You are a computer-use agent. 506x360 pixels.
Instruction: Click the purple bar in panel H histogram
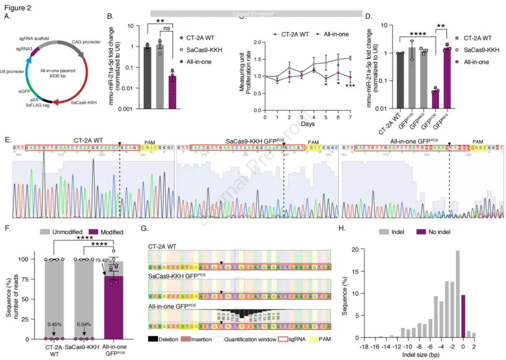pos(463,316)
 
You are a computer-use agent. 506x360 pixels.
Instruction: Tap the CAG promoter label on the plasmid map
pos(86,42)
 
